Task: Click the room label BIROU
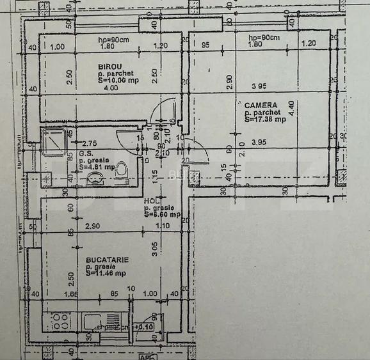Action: [x=110, y=67]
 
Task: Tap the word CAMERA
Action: [x=261, y=105]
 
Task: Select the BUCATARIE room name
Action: [x=107, y=260]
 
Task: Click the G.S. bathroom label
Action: [x=86, y=153]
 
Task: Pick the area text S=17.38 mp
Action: [x=265, y=120]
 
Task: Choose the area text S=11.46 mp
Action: [x=105, y=274]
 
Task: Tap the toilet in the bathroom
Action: [x=122, y=170]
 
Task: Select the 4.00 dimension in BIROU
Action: [x=111, y=88]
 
